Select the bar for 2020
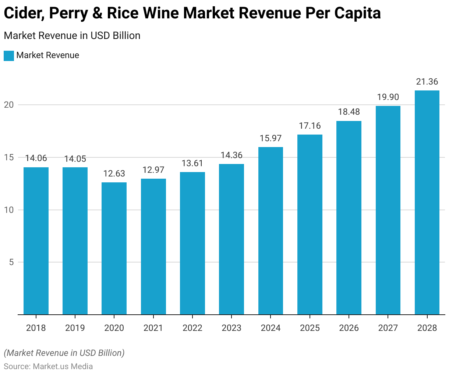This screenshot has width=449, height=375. (x=114, y=249)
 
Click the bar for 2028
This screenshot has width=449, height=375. (x=427, y=203)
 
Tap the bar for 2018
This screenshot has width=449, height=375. (x=36, y=241)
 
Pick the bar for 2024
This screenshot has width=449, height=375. (x=271, y=231)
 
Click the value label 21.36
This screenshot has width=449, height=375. (x=427, y=82)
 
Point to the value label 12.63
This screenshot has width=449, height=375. (x=114, y=174)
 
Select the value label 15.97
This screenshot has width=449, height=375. (x=271, y=138)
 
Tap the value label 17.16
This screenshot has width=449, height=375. (x=310, y=126)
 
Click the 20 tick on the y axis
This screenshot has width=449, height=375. (x=9, y=105)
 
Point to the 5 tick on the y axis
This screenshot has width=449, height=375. (x=11, y=262)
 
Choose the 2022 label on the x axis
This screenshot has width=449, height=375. (x=192, y=328)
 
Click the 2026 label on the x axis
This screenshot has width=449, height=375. (x=349, y=328)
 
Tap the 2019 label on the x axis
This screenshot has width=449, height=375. (x=75, y=328)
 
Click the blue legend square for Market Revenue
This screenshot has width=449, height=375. (x=9, y=56)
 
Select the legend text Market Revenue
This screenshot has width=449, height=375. (x=48, y=56)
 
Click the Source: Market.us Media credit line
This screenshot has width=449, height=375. (x=48, y=367)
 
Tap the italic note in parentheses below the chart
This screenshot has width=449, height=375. (x=64, y=353)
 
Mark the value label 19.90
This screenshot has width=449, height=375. (x=388, y=97)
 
